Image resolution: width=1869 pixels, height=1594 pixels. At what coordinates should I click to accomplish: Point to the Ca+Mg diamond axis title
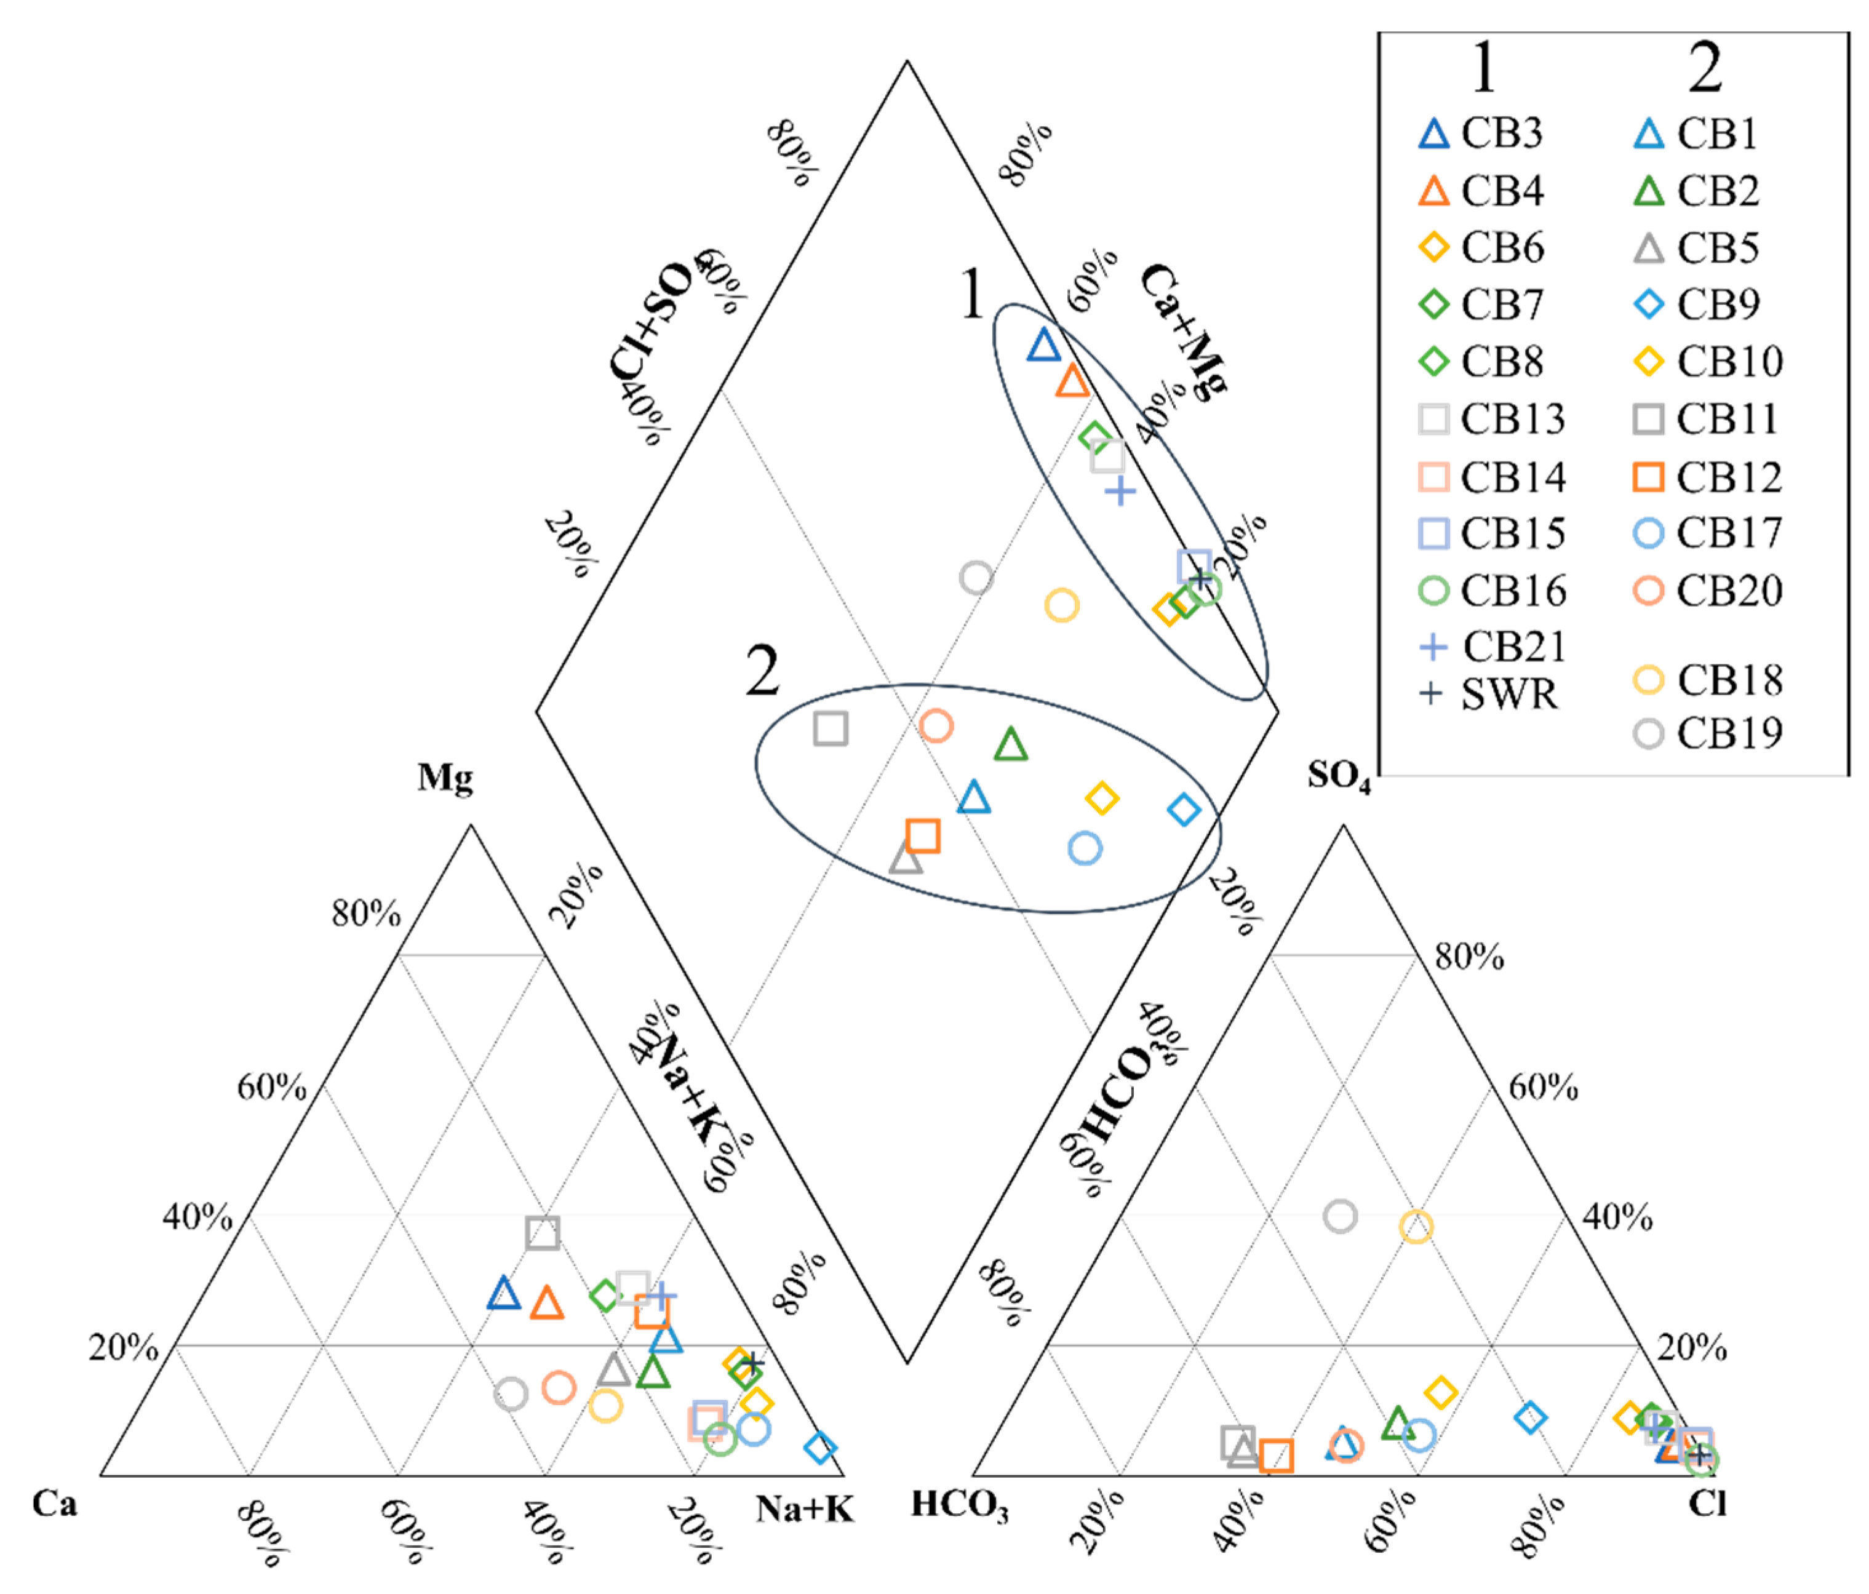[x=1184, y=332]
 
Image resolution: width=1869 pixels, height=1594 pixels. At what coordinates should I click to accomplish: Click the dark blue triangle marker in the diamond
[x=1043, y=345]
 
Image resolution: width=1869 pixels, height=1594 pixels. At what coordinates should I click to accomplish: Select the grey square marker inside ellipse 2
[x=830, y=728]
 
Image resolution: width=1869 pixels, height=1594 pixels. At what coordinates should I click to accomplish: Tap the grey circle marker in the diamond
[x=976, y=577]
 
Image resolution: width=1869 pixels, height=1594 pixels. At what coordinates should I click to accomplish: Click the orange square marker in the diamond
[x=922, y=835]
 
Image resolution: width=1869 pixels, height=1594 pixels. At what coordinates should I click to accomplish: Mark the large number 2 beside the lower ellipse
[x=762, y=672]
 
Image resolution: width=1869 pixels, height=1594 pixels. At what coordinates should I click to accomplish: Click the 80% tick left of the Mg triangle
[x=365, y=914]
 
